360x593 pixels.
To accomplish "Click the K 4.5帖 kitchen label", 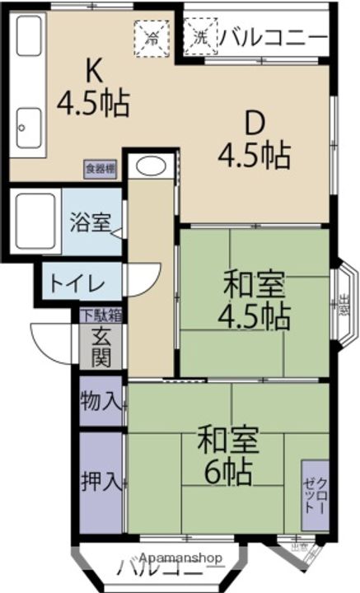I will [92, 87].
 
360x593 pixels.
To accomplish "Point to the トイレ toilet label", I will [77, 284].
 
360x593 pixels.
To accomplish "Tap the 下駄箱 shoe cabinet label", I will [101, 314].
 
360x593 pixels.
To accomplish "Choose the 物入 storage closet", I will [101, 402].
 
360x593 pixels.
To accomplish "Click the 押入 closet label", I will [101, 480].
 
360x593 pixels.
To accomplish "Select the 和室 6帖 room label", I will [227, 456].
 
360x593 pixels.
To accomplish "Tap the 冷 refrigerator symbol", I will [152, 36].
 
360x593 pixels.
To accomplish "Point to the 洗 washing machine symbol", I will [200, 36].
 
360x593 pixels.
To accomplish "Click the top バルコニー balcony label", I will [274, 37].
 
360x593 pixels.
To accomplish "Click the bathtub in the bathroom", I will [34, 221].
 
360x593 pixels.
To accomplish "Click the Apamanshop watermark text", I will [180, 557].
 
